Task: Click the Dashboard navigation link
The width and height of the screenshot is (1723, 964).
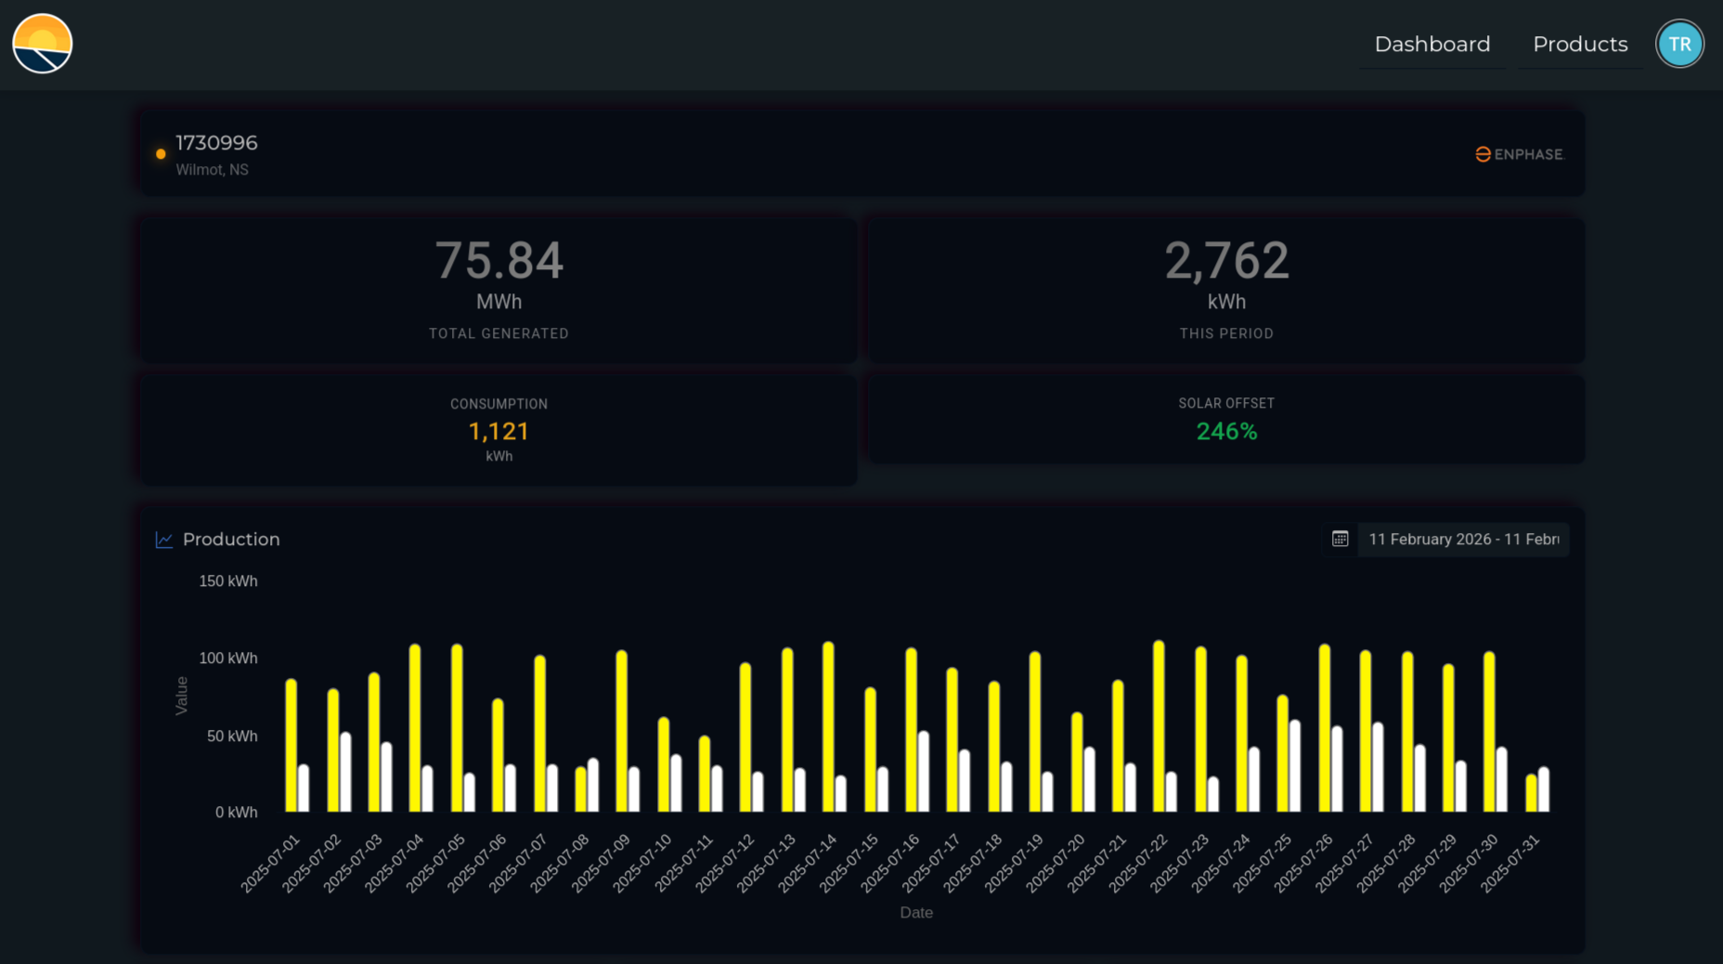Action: pos(1432,44)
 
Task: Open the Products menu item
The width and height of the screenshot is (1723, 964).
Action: pos(1580,44)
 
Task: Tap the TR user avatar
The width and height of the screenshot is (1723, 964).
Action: pos(1679,44)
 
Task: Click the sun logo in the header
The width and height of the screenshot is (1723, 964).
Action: pos(43,44)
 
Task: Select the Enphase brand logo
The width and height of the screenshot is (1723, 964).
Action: pos(1520,154)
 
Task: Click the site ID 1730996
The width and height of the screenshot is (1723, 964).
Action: pos(216,143)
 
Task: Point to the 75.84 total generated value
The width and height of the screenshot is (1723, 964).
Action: pos(499,261)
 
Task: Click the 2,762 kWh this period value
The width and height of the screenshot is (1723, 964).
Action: pos(1226,261)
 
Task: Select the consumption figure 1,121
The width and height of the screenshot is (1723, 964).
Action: pos(499,432)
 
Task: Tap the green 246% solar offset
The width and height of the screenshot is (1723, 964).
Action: pos(1226,432)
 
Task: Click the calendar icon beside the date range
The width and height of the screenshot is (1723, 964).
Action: pos(1340,540)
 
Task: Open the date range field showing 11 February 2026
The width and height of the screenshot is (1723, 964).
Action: pos(1463,540)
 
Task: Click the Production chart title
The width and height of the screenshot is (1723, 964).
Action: pos(231,540)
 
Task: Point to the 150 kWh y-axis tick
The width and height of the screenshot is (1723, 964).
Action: pos(228,581)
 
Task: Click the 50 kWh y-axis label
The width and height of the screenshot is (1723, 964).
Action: pos(232,736)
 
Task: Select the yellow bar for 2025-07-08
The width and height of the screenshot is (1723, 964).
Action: pos(581,789)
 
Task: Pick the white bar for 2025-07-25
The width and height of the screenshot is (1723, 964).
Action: pos(1295,766)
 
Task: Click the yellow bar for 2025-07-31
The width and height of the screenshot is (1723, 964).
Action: pos(1531,793)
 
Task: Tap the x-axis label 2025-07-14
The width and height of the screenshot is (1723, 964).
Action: pos(809,864)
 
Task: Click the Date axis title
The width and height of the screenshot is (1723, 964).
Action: pos(916,913)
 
